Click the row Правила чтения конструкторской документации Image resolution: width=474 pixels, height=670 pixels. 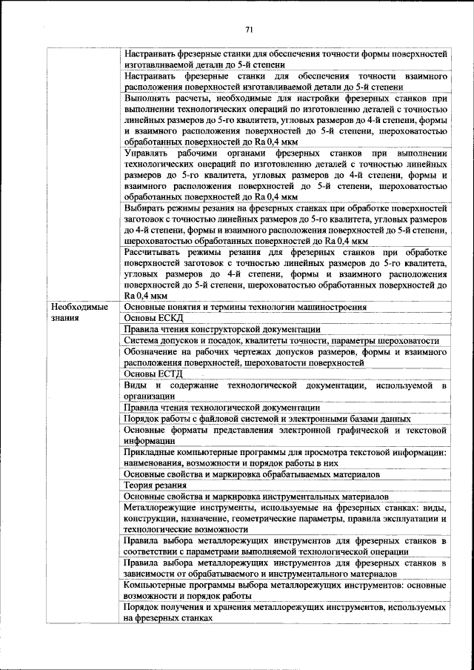coord(221,329)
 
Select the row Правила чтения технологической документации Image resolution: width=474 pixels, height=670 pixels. coord(221,407)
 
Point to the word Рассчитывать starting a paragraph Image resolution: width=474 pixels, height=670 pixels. coord(156,252)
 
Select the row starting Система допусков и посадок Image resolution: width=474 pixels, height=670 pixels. coord(281,340)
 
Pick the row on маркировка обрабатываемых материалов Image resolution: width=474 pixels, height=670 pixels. coord(252,474)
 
